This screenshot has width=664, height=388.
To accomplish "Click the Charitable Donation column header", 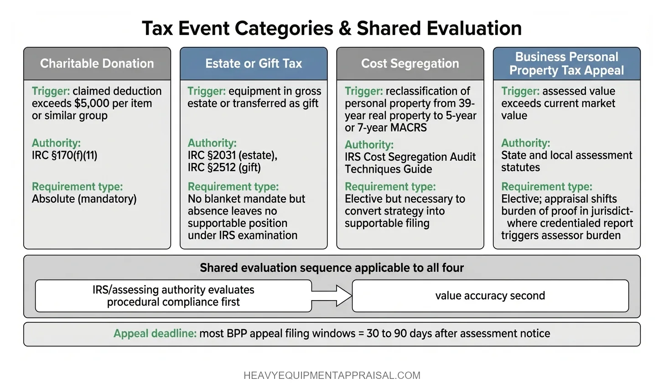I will (x=97, y=64).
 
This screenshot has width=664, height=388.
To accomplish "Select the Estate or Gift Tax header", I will (x=254, y=64).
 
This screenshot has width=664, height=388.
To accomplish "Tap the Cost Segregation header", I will (x=410, y=64).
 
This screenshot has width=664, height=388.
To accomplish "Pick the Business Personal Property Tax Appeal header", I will (x=566, y=64).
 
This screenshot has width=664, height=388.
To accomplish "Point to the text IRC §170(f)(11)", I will (x=64, y=155).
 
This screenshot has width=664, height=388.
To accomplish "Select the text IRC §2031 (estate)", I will (x=232, y=155).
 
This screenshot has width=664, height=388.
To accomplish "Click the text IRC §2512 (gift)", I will (x=224, y=168).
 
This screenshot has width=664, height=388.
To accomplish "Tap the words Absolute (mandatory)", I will (x=84, y=199).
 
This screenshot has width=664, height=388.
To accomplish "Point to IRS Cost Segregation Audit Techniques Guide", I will (x=410, y=163).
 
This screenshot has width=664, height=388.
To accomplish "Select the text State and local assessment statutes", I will (x=566, y=161).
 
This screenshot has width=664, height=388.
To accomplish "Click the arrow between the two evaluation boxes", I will (x=332, y=296).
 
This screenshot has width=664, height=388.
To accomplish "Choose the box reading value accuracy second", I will (x=490, y=296).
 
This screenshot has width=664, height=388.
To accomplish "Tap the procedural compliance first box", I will (x=173, y=296).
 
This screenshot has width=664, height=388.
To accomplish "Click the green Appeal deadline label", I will (x=155, y=334).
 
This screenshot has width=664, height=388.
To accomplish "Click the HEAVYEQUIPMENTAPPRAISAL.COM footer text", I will (x=332, y=376).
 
